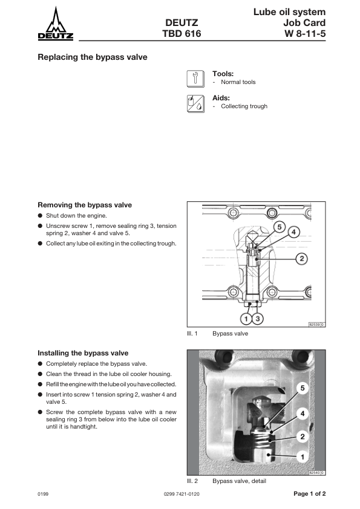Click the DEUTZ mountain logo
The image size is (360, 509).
click(56, 24)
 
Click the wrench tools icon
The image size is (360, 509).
click(195, 79)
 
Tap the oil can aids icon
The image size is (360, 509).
click(195, 104)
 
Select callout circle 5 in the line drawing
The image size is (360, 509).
click(279, 227)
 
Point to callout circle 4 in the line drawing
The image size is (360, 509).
click(293, 232)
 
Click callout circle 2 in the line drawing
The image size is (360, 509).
click(302, 259)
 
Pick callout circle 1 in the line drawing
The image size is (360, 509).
click(246, 319)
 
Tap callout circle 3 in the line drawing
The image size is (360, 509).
click(258, 319)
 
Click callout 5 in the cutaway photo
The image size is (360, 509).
click(303, 388)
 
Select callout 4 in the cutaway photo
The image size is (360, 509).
click(303, 413)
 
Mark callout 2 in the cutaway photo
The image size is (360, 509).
click(303, 436)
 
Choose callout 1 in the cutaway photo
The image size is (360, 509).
click(303, 457)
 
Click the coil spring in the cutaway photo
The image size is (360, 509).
click(261, 440)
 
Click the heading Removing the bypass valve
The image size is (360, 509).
click(85, 205)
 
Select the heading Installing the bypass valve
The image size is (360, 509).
click(83, 353)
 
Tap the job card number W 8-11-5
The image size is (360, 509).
click(305, 33)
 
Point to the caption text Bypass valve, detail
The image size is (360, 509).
click(239, 481)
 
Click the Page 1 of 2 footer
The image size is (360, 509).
click(309, 494)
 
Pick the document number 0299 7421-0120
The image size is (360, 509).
click(182, 494)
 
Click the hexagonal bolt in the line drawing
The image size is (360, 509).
click(270, 213)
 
